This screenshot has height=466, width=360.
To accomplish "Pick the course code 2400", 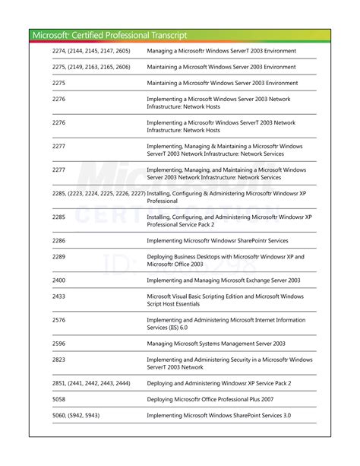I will click(59, 280).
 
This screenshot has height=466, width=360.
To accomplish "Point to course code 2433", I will click(59, 296).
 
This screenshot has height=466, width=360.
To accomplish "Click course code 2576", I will click(59, 320).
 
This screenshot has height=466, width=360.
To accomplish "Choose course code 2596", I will click(59, 344).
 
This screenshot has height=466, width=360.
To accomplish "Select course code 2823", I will click(59, 360).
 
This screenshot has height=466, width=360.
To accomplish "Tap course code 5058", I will click(59, 399).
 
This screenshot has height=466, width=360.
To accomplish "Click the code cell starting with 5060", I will click(76, 415).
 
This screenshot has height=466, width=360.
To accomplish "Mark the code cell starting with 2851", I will click(91, 383).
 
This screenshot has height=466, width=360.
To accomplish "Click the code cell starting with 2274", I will click(91, 51).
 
